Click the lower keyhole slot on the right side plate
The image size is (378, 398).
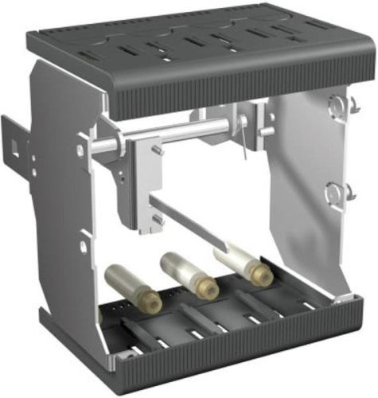click(336, 191)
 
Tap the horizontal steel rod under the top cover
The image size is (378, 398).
click(175, 135)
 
